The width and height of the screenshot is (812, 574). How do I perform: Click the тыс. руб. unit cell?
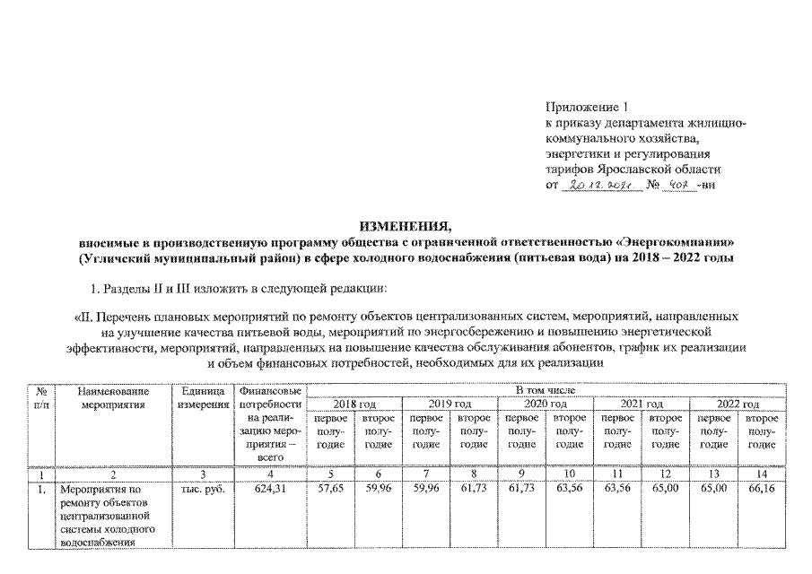201,491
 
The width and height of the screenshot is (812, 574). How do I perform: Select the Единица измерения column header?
201,398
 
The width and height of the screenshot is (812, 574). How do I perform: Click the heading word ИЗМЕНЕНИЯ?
406,225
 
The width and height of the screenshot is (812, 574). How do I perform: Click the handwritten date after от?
600,185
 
